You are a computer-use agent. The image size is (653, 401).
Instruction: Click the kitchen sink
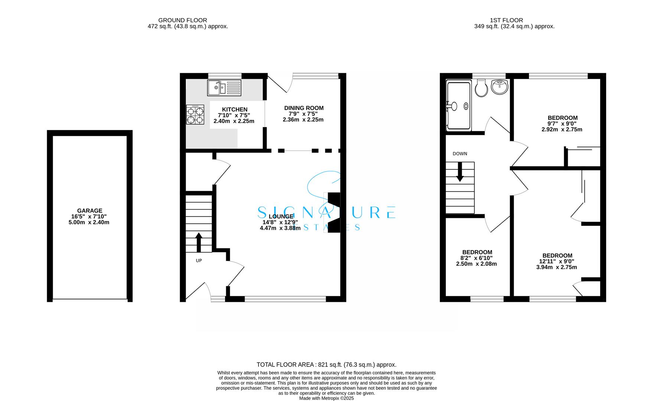[224, 88]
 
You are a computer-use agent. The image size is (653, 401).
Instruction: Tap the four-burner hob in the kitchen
[195, 114]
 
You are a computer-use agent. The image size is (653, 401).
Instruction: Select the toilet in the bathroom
[481, 88]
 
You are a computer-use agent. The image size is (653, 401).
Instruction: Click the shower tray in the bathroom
[459, 106]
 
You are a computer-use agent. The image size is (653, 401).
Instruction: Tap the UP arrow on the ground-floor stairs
[199, 242]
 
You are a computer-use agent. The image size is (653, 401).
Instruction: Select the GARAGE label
[90, 211]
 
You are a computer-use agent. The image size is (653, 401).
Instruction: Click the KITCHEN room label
[235, 110]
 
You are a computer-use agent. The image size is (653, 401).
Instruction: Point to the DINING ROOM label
[304, 108]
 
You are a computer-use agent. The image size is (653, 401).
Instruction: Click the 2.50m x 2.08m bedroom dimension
[477, 264]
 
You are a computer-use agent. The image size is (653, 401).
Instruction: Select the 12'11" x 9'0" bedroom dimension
[557, 261]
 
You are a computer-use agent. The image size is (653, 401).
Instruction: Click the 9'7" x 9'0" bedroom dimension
[562, 124]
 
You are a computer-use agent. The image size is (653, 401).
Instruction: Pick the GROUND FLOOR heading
[183, 20]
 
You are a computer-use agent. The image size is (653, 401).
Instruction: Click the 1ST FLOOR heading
[506, 20]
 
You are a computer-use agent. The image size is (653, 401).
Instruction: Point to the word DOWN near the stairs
[460, 154]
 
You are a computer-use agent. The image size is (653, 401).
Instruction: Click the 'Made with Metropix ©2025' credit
[326, 398]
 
